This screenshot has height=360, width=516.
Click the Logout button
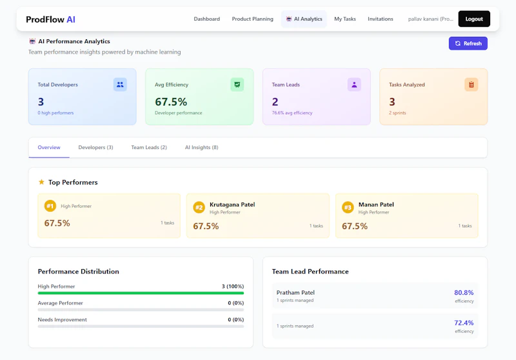tap(473, 19)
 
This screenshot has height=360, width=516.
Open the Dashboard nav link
tap(206, 19)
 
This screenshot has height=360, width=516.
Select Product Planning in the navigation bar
tap(252, 19)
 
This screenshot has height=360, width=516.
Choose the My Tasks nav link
tap(344, 19)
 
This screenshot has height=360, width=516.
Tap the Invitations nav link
tap(380, 19)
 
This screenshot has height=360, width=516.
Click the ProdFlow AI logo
tap(50, 19)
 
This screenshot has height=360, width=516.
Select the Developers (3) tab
tap(95, 147)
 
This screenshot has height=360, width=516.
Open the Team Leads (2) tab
tap(149, 147)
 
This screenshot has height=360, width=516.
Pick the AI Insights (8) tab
tap(201, 147)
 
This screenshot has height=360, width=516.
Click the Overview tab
tap(49, 147)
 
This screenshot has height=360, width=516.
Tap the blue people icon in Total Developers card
tap(120, 85)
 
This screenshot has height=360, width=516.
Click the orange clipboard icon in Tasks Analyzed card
tap(471, 85)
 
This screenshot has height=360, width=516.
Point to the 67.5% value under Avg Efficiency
tap(171, 101)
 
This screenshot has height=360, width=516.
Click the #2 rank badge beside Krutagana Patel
tap(199, 207)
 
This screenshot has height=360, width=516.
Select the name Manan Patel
tap(376, 205)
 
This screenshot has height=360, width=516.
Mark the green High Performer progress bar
tap(141, 293)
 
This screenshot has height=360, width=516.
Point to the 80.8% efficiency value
tap(464, 292)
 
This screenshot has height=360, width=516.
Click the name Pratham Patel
tap(295, 292)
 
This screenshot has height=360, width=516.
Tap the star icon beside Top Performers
tap(41, 182)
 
